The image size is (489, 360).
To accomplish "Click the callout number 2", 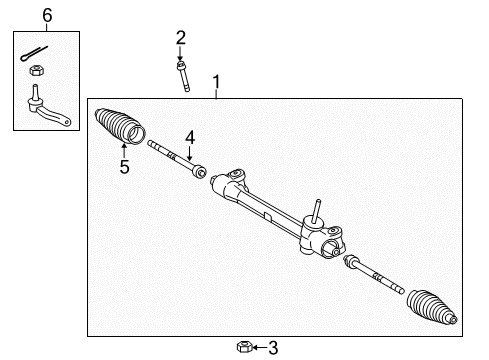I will click(180, 37).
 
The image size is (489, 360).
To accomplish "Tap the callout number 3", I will click(273, 347).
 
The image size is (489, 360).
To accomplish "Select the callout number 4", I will click(188, 136).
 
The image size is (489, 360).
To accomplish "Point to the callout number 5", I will click(124, 167).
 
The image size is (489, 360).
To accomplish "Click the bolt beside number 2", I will click(184, 75).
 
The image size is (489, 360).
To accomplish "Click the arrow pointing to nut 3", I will click(256, 347).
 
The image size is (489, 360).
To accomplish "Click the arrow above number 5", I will click(124, 150).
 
